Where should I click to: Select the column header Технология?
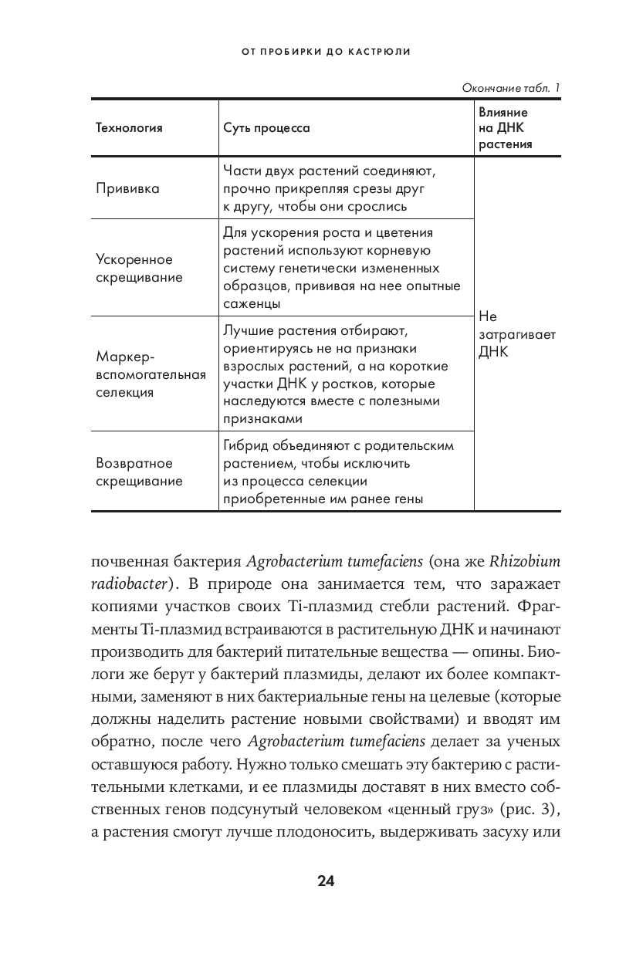coord(129,128)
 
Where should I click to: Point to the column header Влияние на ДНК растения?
coord(506,128)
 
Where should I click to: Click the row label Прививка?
coord(127,189)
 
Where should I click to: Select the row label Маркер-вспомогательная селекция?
coord(151,374)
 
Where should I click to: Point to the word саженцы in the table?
coord(252,304)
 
